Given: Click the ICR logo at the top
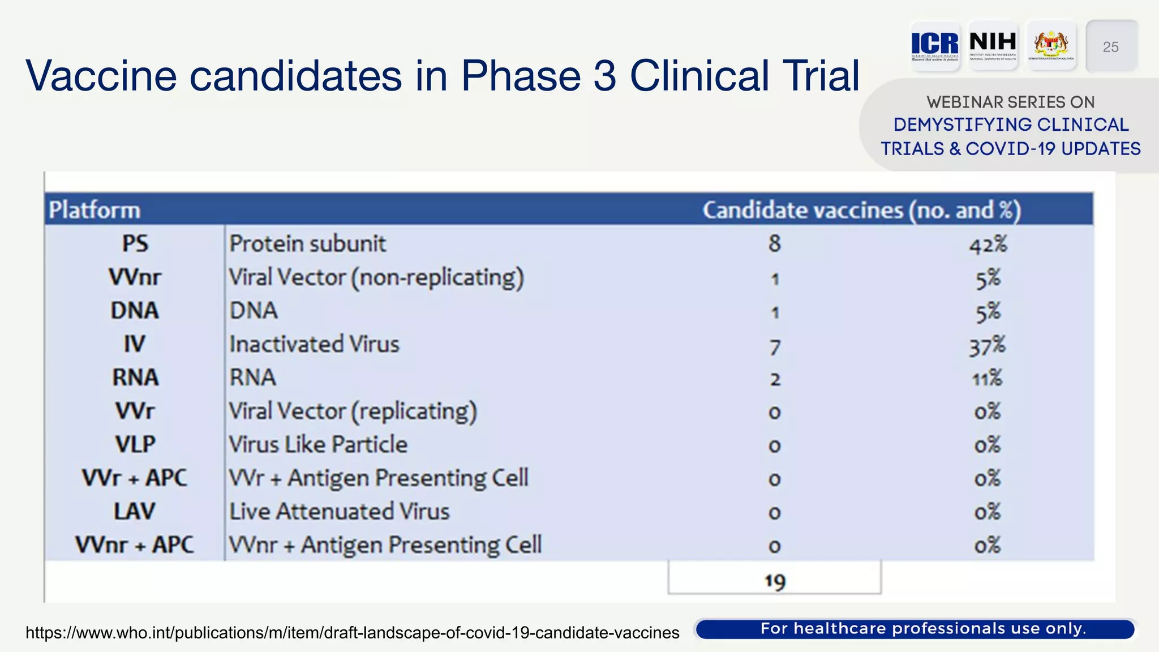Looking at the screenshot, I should (x=935, y=45).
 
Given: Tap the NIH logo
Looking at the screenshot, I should (x=993, y=45).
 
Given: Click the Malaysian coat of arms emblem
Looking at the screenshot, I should (x=1051, y=45).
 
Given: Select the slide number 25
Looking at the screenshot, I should (x=1111, y=47).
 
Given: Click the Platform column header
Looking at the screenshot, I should (x=95, y=210).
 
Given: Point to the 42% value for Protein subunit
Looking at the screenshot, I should (x=988, y=244).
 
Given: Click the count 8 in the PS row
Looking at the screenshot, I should (x=774, y=244).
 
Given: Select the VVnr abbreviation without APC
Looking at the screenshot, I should (x=135, y=277).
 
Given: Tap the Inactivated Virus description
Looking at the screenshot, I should (x=314, y=344).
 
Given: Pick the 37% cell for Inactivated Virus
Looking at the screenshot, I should (x=987, y=346).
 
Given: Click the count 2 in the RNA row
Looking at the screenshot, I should (x=775, y=379).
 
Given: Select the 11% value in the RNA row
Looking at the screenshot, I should (x=987, y=378).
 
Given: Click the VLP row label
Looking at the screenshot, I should (x=135, y=444).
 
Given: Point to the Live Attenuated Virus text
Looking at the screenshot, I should (x=339, y=512).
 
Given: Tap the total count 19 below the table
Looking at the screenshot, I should (x=775, y=581).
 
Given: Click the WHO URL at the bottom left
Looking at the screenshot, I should (x=352, y=632).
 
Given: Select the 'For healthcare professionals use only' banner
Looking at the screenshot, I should (x=922, y=629).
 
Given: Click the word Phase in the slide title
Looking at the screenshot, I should (x=521, y=75).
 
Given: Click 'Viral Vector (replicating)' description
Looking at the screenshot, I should (x=353, y=411).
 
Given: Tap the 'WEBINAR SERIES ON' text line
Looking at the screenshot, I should (x=1010, y=102).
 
